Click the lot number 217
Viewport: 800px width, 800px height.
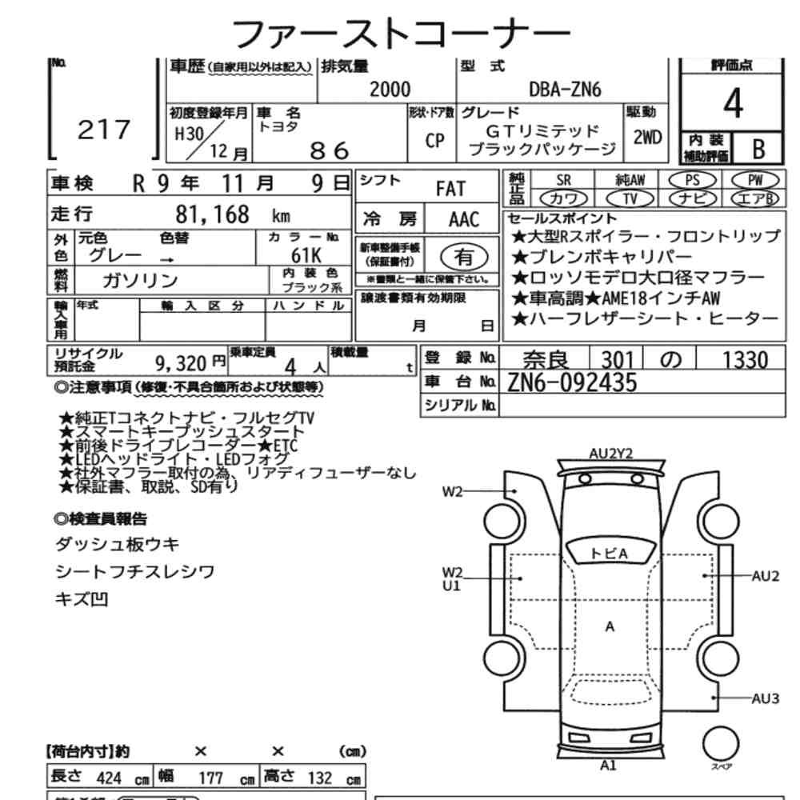tap(104, 130)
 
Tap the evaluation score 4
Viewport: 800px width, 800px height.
tap(733, 103)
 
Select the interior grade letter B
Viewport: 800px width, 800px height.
tap(758, 149)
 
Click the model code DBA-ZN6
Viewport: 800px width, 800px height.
tap(565, 90)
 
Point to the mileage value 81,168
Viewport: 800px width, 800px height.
tap(212, 214)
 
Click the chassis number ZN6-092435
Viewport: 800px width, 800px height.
tap(572, 382)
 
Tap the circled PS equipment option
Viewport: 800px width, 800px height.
tap(692, 180)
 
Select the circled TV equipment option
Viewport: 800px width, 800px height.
tap(630, 198)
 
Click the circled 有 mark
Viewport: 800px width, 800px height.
tap(464, 257)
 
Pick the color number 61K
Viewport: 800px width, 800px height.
tap(306, 254)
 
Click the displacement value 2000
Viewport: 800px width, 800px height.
tap(390, 90)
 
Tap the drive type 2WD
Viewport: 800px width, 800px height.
tap(647, 138)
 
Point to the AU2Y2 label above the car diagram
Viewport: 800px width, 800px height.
tap(610, 454)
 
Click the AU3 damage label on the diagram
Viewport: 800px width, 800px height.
tap(766, 698)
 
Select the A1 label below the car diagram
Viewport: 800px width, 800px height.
tap(608, 766)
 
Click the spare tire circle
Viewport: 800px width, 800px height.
tap(721, 744)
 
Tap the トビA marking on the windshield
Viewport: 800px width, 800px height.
tap(609, 554)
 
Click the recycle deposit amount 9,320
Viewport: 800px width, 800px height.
tap(181, 364)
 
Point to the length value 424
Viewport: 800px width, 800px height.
tap(109, 778)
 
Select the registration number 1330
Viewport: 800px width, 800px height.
tap(745, 360)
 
